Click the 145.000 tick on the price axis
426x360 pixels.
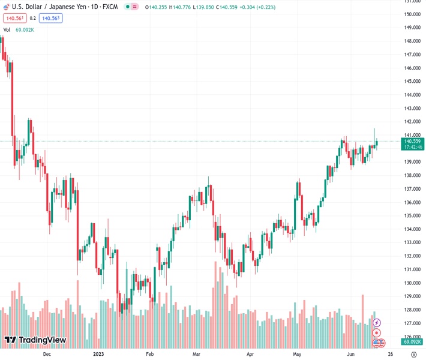412,68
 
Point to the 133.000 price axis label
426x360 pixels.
412,242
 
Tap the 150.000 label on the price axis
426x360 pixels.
412,14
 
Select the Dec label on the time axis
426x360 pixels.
47,354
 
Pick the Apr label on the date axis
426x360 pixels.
250,354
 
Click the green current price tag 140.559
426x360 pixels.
412,141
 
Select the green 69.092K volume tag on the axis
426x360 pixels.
412,341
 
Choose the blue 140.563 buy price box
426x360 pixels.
51,18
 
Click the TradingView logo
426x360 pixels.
35,340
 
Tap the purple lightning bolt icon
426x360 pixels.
377,323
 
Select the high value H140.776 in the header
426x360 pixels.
184,7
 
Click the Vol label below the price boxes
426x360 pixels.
7,29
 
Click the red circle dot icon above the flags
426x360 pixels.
377,332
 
